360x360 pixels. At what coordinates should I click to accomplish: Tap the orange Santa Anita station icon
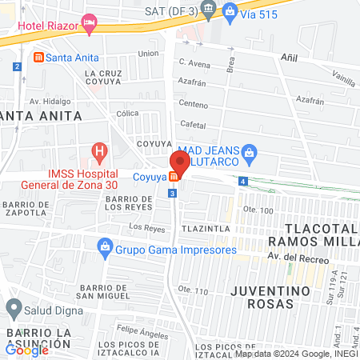click(38, 58)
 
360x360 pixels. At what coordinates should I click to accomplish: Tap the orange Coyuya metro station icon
click(174, 177)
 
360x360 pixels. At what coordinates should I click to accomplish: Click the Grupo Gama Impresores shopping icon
click(105, 250)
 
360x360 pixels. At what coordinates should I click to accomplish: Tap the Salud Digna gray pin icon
click(14, 307)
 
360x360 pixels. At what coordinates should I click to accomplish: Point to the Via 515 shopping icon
click(231, 10)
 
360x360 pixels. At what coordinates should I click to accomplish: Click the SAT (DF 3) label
click(170, 10)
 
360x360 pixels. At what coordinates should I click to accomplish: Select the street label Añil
click(289, 58)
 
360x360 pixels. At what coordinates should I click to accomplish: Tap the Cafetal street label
click(194, 125)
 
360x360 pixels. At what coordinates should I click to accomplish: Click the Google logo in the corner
click(27, 350)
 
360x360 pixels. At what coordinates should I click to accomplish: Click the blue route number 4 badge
click(242, 181)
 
